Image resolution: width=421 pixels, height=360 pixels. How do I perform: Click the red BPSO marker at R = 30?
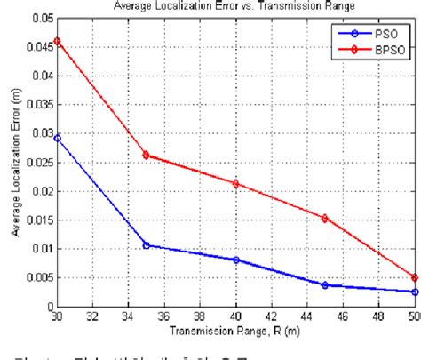click(57, 41)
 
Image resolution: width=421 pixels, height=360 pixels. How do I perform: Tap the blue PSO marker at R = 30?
click(57, 138)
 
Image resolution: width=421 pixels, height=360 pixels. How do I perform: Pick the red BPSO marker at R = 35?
click(146, 155)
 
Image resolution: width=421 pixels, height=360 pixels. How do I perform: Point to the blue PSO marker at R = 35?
click(146, 245)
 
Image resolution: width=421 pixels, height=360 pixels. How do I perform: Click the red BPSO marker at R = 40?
click(235, 184)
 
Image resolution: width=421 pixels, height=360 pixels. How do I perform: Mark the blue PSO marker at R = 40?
click(235, 260)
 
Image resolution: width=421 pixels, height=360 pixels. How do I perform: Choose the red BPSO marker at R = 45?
click(325, 218)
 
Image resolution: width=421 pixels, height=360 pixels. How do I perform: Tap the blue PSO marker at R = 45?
click(325, 285)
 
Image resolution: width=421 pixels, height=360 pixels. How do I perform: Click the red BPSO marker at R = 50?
click(414, 277)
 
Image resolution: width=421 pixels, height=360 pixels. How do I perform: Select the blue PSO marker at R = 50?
click(414, 292)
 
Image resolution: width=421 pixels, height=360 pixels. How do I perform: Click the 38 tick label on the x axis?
click(200, 317)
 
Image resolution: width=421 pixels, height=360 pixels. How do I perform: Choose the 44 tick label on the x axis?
click(307, 317)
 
